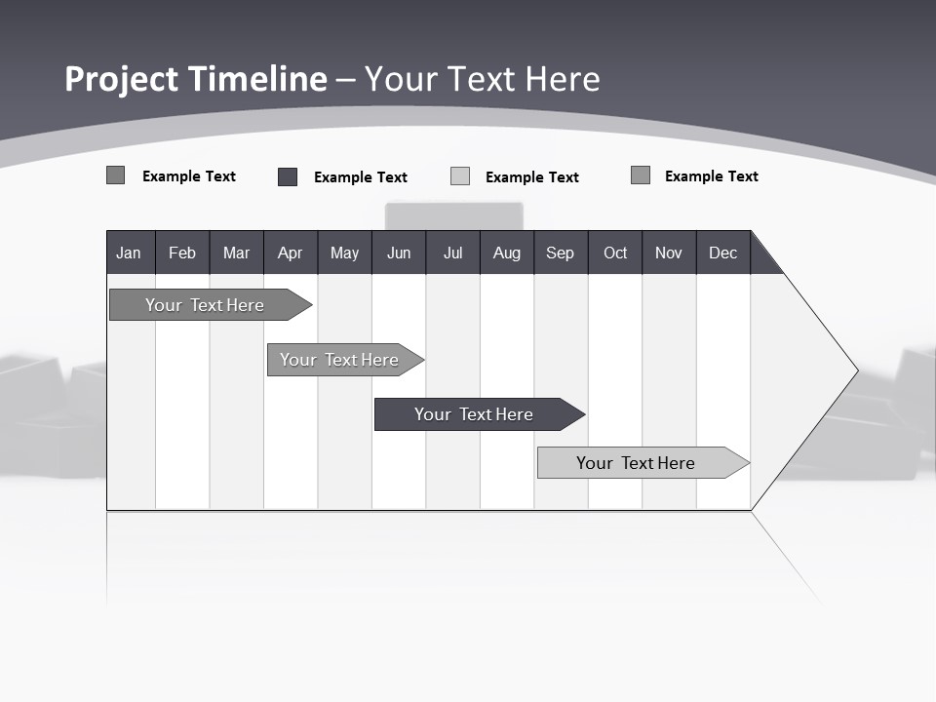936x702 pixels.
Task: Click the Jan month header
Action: (x=129, y=253)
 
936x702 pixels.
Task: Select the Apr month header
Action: (x=290, y=253)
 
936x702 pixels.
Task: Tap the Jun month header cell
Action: (x=399, y=253)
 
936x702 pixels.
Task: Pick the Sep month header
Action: (x=560, y=253)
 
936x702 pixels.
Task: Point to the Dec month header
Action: (x=722, y=253)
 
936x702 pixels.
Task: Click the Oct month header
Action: (x=615, y=253)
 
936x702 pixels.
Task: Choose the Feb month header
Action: (x=182, y=253)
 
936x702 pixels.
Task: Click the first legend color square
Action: (x=116, y=175)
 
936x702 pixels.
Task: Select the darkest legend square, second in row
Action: (x=288, y=176)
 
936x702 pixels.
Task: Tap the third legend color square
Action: (x=460, y=176)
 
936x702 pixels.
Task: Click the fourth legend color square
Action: (x=641, y=175)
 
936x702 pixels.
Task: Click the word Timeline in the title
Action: (x=257, y=79)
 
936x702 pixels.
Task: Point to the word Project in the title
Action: (x=122, y=79)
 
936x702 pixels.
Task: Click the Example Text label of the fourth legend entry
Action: (x=711, y=176)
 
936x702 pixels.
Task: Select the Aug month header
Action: (x=506, y=253)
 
